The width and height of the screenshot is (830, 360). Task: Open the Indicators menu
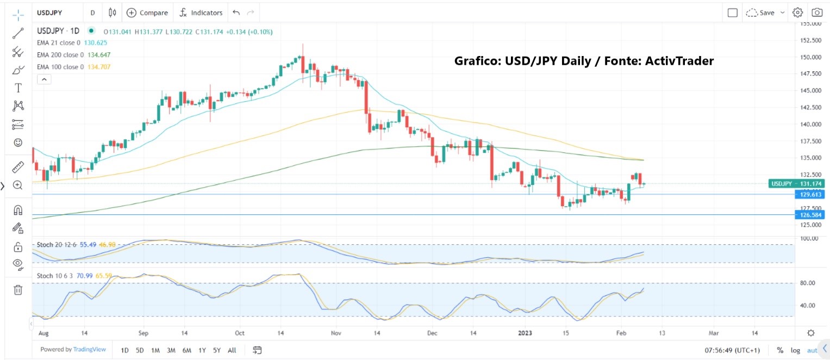201,13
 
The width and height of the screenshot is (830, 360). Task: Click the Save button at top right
766,13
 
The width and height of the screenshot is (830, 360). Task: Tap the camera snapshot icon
816,13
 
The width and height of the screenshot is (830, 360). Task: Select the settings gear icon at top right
797,13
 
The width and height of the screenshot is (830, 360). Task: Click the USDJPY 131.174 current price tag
797,183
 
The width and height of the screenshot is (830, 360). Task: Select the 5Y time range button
216,350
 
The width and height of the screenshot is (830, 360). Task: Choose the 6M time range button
186,350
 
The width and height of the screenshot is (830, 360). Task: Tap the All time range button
232,350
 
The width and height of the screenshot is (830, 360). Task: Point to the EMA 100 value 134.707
99,67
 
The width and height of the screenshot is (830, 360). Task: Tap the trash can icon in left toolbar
18,290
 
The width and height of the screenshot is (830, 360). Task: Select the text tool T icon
18,88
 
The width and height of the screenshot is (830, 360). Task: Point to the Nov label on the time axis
336,333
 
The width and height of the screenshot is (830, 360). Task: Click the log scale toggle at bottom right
795,350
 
